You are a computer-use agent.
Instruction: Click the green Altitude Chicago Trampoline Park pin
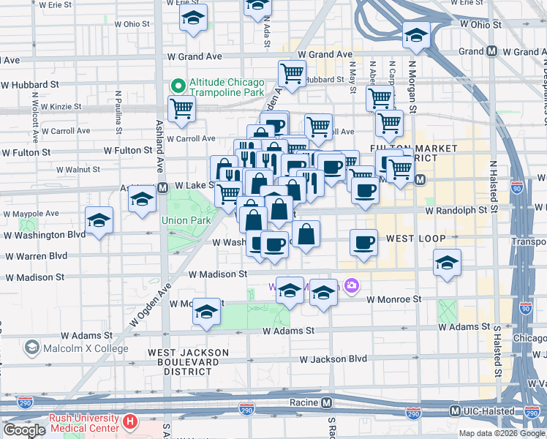point(176,86)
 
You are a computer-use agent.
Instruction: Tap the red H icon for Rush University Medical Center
point(130,421)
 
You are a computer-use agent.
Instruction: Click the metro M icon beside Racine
point(327,402)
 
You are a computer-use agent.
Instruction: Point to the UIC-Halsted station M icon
point(454,411)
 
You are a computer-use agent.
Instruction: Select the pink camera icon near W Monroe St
point(352,285)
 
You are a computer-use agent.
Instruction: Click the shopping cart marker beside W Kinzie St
point(181,109)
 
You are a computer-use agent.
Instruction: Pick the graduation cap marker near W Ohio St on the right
point(415,34)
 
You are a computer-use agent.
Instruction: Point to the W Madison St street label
point(217,274)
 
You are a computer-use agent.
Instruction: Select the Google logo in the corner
point(24,430)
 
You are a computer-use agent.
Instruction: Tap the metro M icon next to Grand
point(492,52)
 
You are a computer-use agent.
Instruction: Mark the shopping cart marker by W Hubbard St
point(292,73)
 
